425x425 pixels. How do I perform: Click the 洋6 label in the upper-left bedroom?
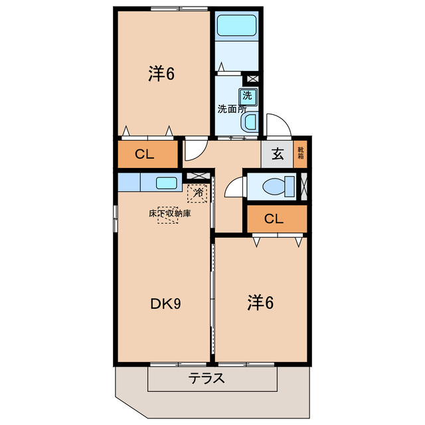click(161, 74)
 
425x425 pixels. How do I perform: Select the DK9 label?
click(165, 303)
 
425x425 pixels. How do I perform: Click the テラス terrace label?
click(207, 380)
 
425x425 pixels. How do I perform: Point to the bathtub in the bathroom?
click(238, 27)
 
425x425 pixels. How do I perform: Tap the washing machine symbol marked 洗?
click(247, 95)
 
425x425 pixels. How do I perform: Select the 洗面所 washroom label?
click(232, 108)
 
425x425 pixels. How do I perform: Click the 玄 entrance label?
click(278, 155)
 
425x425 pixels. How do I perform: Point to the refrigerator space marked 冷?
click(198, 193)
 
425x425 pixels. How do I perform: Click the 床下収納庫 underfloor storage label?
click(169, 214)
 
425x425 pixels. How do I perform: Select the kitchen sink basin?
click(167, 183)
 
